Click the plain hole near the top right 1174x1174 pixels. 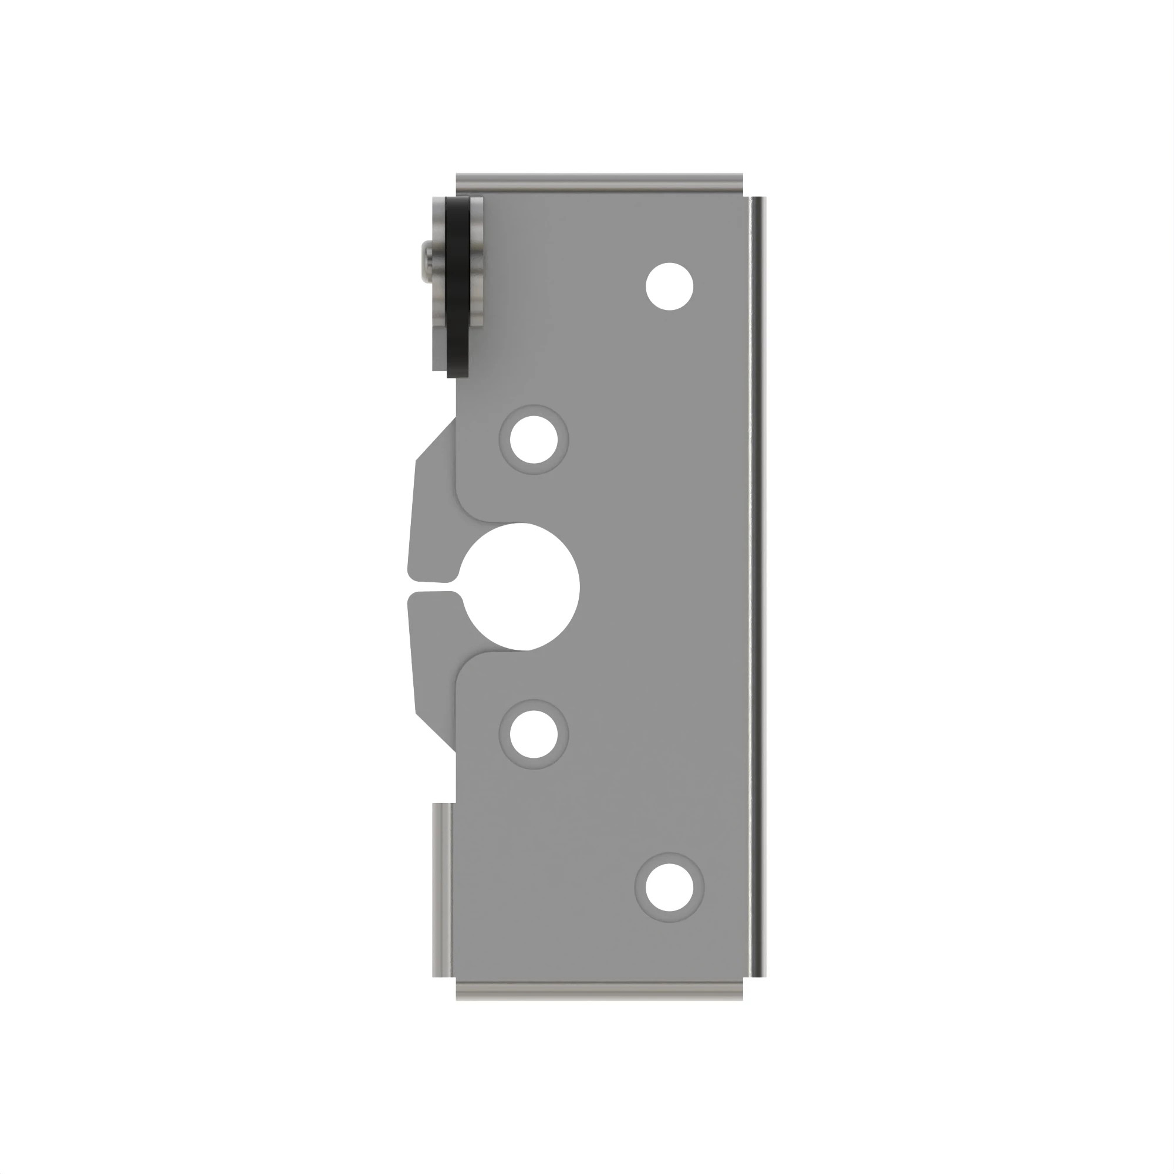pyautogui.click(x=669, y=286)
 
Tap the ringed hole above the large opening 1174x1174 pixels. pyautogui.click(x=534, y=439)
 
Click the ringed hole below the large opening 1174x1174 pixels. pyautogui.click(x=534, y=734)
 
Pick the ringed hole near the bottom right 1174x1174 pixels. pyautogui.click(x=669, y=886)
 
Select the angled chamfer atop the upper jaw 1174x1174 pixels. pyautogui.click(x=436, y=438)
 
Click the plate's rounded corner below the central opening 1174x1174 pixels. pyautogui.click(x=467, y=663)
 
